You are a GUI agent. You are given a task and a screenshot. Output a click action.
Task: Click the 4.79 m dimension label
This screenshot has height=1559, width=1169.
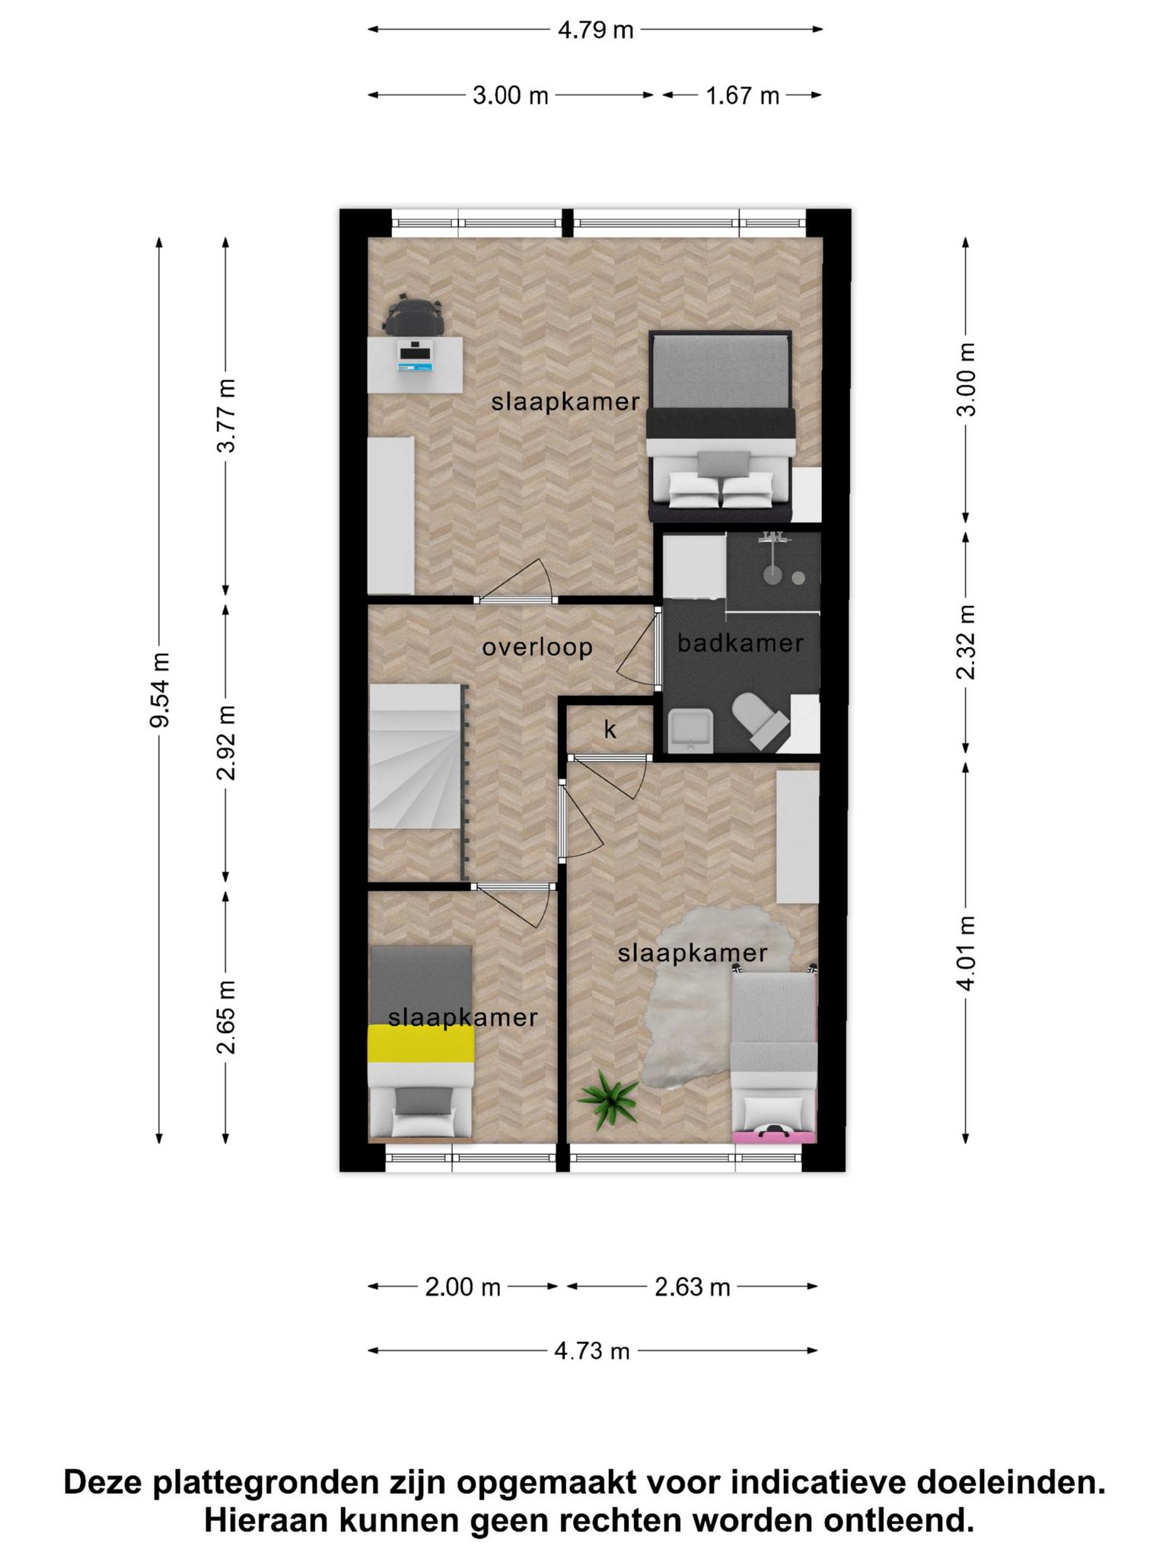click(x=595, y=30)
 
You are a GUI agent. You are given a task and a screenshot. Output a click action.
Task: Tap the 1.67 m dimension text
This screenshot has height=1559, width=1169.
click(x=742, y=96)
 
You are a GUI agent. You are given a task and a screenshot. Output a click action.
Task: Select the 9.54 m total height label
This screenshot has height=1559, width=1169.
click(x=160, y=690)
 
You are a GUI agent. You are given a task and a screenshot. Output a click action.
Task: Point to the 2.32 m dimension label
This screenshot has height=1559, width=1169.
click(x=966, y=642)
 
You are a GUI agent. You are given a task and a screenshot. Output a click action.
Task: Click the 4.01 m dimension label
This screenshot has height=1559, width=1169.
click(x=966, y=952)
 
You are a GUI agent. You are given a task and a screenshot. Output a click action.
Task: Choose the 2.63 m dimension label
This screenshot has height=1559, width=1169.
click(x=693, y=1287)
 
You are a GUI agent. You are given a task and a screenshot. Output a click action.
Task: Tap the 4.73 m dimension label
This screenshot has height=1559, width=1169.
click(x=592, y=1351)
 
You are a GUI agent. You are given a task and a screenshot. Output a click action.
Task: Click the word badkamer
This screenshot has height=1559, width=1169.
click(x=741, y=643)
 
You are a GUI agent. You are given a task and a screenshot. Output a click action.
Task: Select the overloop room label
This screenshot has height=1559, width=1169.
click(x=537, y=647)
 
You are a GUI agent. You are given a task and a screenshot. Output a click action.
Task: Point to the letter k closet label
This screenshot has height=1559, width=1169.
click(x=610, y=729)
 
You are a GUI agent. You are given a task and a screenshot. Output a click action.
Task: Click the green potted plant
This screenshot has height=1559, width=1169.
click(x=608, y=1098)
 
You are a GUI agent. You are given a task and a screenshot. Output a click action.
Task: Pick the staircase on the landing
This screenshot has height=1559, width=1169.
click(x=418, y=757)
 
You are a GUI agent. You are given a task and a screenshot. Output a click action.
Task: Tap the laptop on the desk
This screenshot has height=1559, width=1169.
click(x=416, y=355)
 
